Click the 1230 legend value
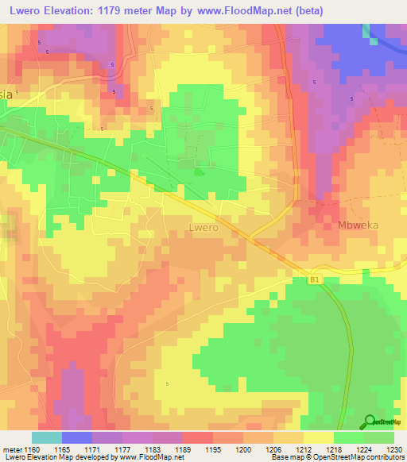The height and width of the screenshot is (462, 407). (394, 449)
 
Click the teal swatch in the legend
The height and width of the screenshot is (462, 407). (46, 437)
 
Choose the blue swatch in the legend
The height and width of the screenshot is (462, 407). (76, 437)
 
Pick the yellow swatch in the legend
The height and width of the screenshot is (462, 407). (318, 437)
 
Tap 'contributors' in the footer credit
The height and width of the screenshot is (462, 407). (384, 457)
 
